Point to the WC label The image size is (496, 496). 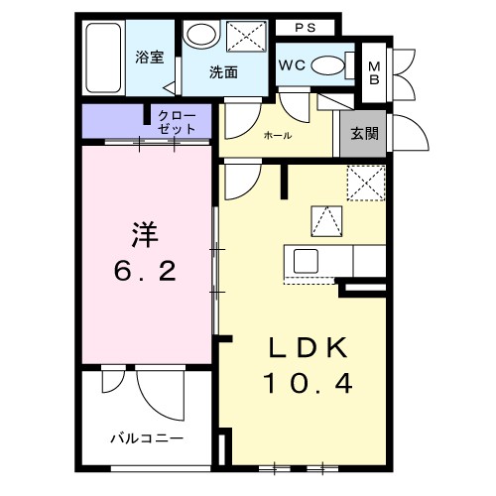coord(293,65)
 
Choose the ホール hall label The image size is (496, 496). coord(277,136)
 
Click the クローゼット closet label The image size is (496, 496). coord(176,122)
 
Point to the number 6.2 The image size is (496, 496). coord(145,269)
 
